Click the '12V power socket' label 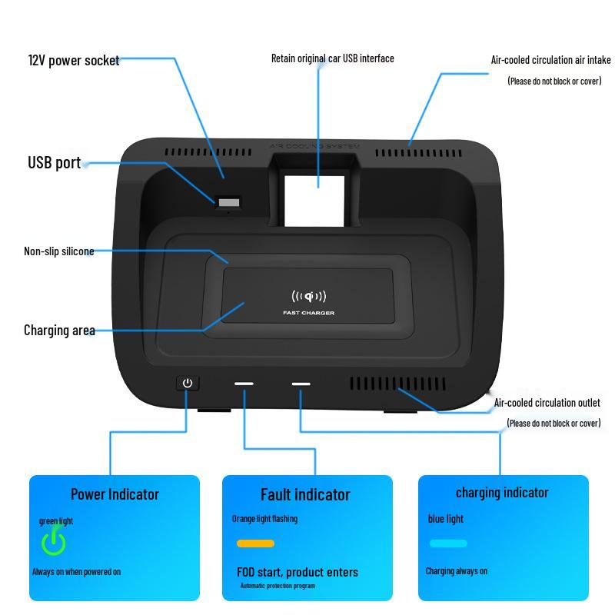pos(74,60)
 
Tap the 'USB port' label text pos(55,162)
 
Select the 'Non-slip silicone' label pos(59,251)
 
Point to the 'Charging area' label pos(59,331)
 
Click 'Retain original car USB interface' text pos(332,58)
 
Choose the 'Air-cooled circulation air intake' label pos(550,59)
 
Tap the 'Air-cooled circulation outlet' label pos(547,403)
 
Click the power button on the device pos(187,382)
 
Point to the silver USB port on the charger pos(228,203)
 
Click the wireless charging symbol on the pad pos(308,297)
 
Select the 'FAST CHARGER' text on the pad pos(308,313)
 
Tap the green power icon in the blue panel pos(53,541)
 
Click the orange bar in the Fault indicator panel pos(255,544)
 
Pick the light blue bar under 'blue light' pos(448,544)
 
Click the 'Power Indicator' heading pos(115,494)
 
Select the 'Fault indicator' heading pos(305,494)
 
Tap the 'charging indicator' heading pos(502,493)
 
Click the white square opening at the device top pos(314,201)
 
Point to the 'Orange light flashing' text pos(264,519)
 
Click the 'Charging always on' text pos(457,571)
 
